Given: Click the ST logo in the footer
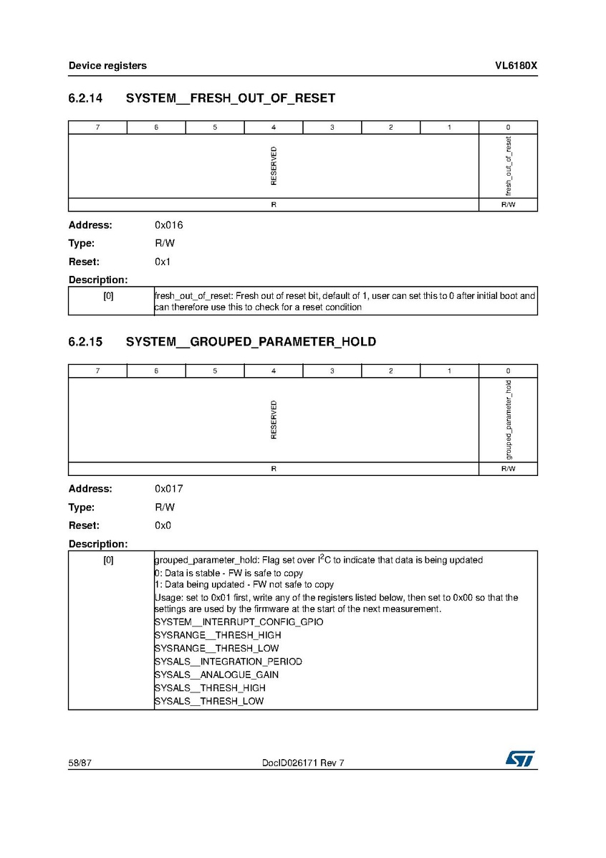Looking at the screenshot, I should tap(520, 759).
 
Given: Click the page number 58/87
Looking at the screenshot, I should tap(80, 763).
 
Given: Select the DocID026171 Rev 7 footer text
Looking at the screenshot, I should tap(303, 763).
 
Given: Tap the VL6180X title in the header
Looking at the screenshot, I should tap(516, 65).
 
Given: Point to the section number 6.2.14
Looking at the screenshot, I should tap(85, 98).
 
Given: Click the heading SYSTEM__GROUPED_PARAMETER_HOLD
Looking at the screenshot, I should tap(251, 342).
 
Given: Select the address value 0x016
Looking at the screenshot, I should tap(169, 225).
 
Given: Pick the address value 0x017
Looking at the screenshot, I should tap(169, 489).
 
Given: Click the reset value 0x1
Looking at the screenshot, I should tap(163, 262).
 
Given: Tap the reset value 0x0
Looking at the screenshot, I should tap(163, 525).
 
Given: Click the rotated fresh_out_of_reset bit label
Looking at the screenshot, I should tap(509, 166).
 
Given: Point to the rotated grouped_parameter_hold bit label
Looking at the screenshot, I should tap(509, 420).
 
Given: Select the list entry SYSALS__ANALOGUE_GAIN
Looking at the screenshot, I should tap(216, 675).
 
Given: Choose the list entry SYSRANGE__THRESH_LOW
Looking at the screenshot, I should tap(216, 648).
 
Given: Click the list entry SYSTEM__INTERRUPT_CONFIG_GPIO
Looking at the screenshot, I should tap(239, 621).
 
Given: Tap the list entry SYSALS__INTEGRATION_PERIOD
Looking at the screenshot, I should tap(228, 661).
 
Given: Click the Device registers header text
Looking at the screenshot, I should tap(107, 65).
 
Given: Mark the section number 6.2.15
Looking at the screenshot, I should tap(85, 342).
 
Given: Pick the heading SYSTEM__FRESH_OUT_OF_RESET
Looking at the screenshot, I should tap(231, 98).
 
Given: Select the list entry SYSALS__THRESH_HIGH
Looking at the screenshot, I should tap(210, 687).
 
